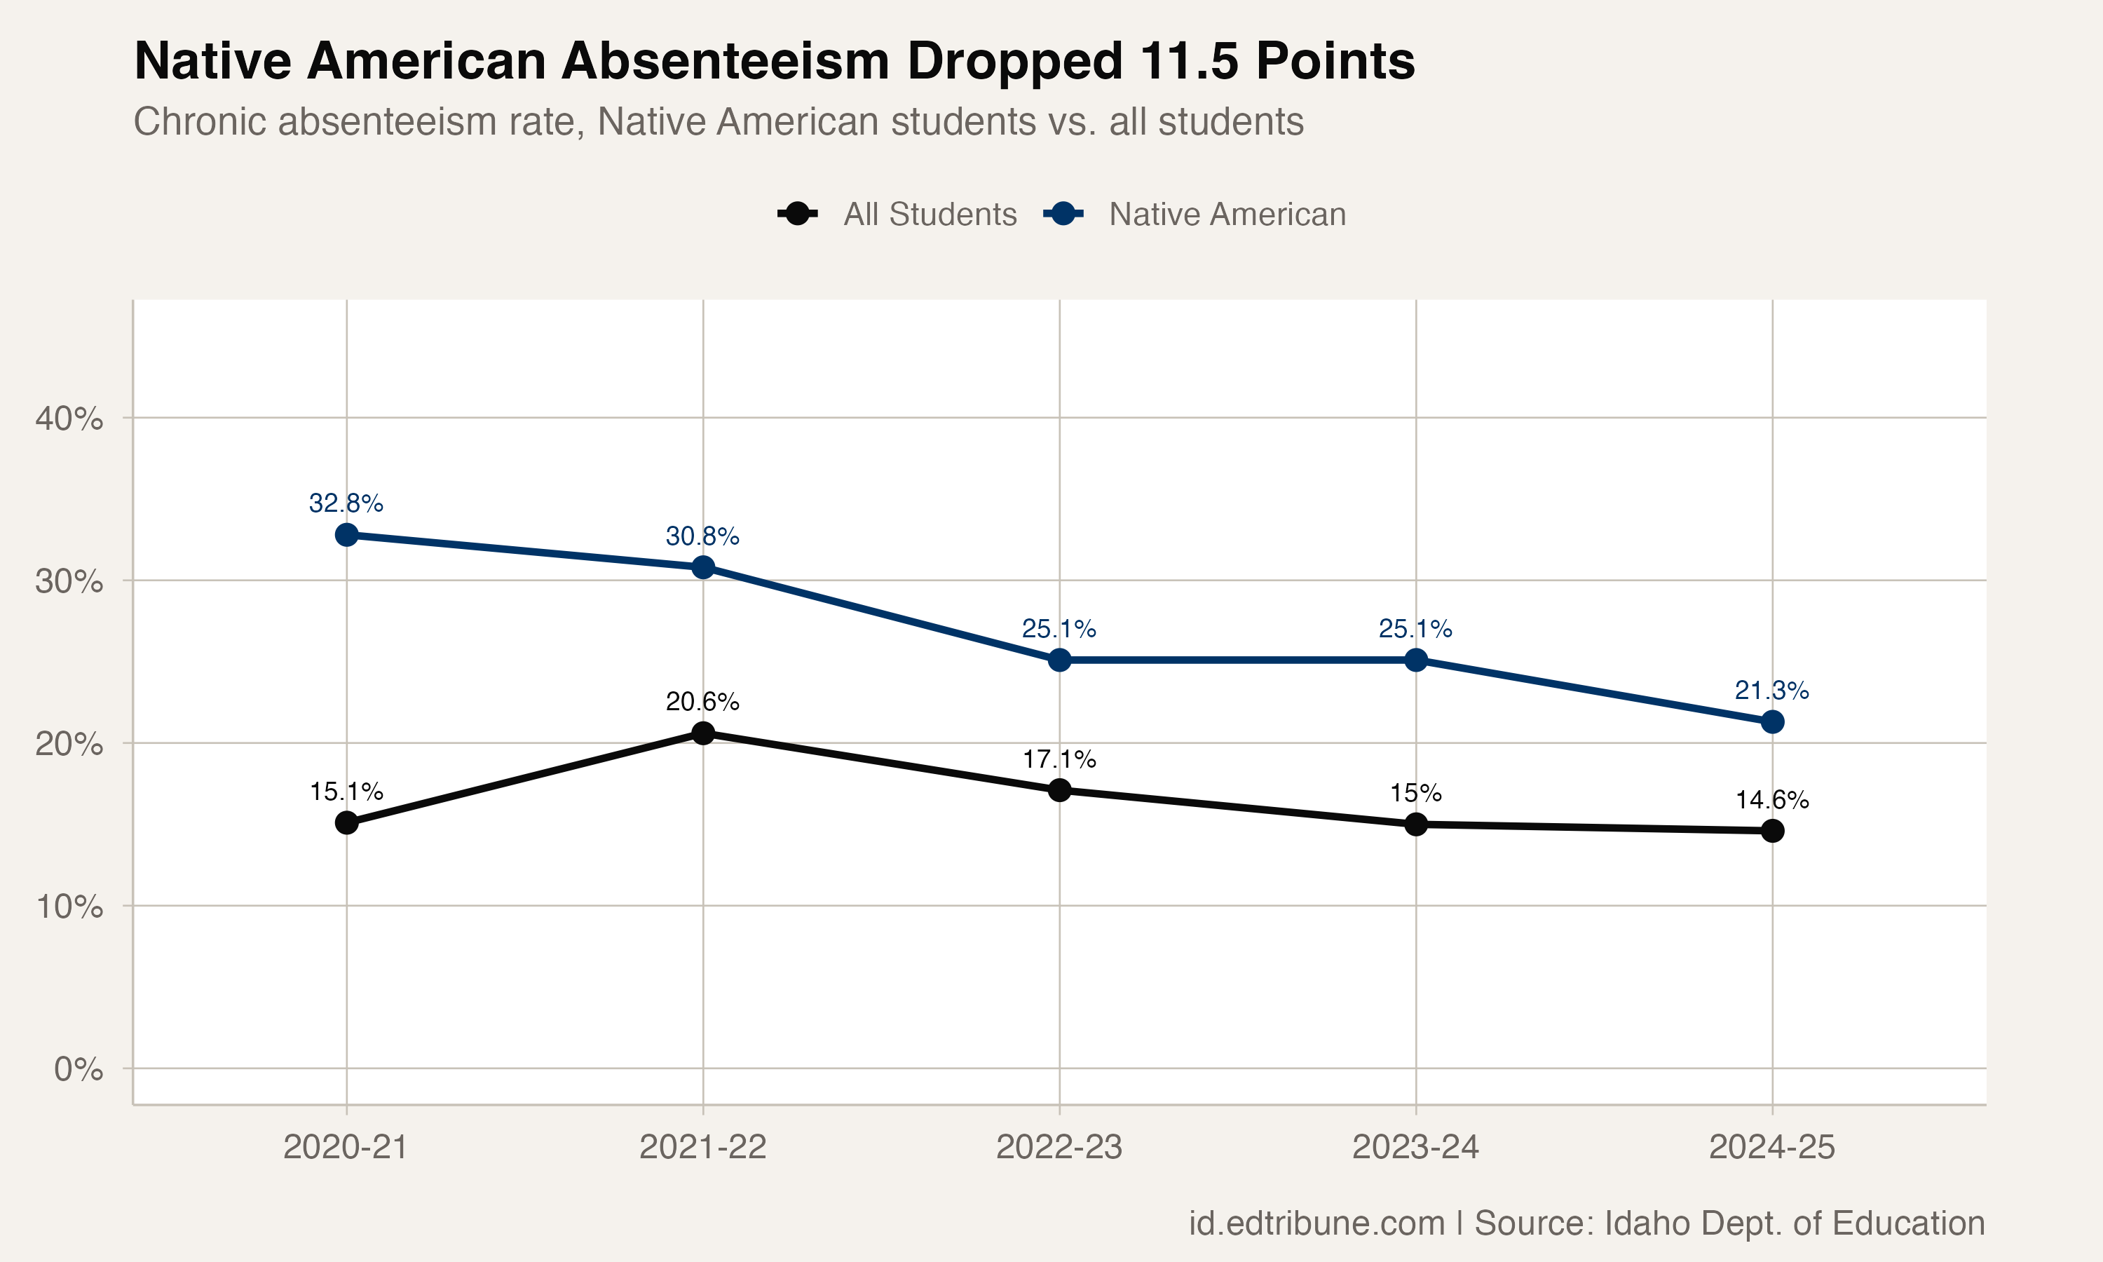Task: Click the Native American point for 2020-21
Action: (346, 535)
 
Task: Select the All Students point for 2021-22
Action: (703, 733)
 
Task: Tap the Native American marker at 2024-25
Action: (1772, 722)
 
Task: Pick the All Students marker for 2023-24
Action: (1416, 824)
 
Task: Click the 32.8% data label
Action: (346, 503)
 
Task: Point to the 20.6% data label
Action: (702, 702)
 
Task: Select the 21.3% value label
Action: (1771, 691)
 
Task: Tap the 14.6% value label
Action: (1771, 800)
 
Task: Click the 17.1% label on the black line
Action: (1059, 759)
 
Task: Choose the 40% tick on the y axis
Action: (69, 419)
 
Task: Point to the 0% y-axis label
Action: (79, 1069)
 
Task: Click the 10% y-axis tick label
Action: (69, 907)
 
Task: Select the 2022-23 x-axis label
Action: (1059, 1148)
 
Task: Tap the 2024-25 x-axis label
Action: (1771, 1148)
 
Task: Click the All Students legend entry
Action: (929, 215)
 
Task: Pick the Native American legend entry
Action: (1227, 215)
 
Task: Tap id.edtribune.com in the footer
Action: (1316, 1223)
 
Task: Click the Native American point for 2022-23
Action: (1059, 660)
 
